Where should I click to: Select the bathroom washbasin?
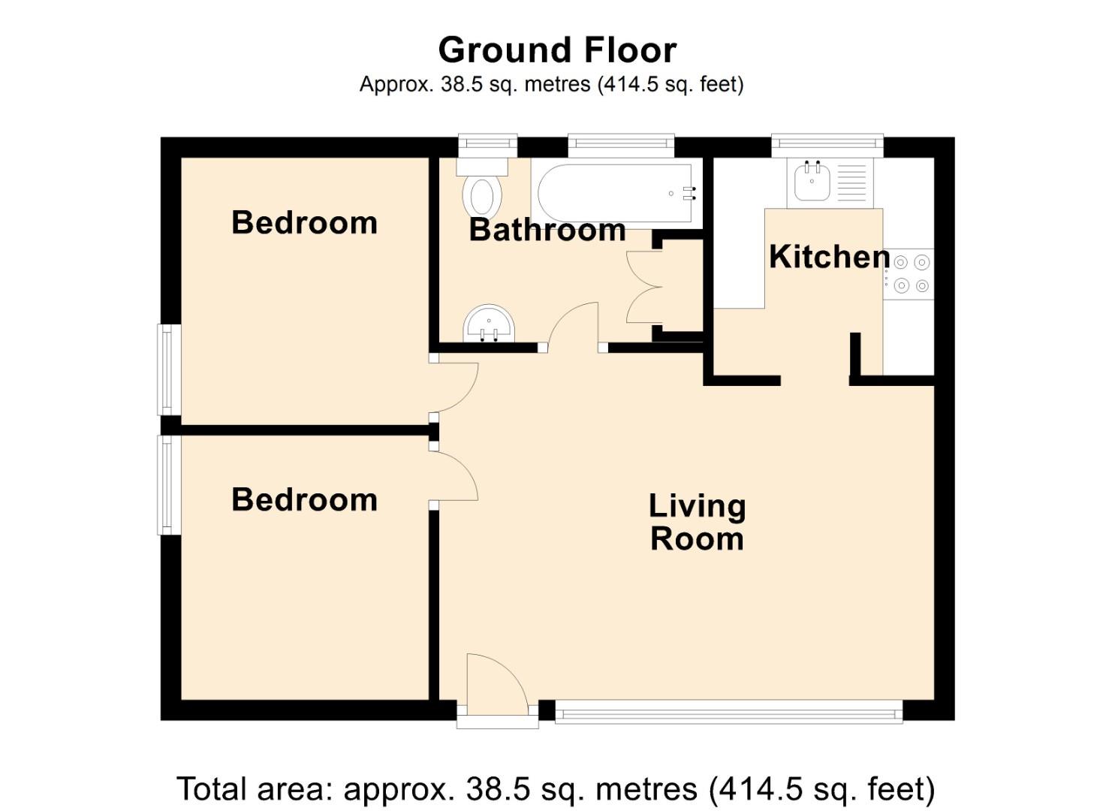[x=490, y=325]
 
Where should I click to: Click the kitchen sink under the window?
[x=812, y=182]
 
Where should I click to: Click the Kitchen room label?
[x=829, y=258]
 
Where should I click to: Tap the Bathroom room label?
[x=547, y=230]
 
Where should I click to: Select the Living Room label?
[x=697, y=523]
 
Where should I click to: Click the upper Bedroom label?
[x=304, y=223]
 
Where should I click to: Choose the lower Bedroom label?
[x=304, y=500]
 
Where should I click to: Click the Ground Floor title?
[x=557, y=50]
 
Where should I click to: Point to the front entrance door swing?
[x=493, y=685]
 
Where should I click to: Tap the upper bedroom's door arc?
[x=458, y=387]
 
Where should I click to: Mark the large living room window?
[x=728, y=711]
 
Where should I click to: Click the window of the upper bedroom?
[x=168, y=369]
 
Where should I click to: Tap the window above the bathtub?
[x=621, y=144]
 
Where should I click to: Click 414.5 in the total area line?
[x=758, y=789]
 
